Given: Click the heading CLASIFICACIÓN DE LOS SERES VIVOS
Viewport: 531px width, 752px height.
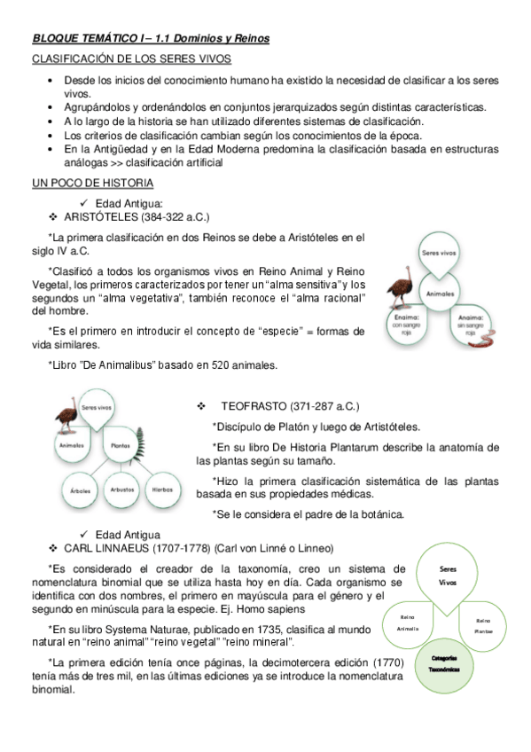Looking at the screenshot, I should point(131,59).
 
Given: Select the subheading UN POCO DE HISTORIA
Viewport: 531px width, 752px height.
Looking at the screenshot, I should point(93,183).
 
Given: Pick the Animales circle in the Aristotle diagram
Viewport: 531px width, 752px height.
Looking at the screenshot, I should point(440,292).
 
